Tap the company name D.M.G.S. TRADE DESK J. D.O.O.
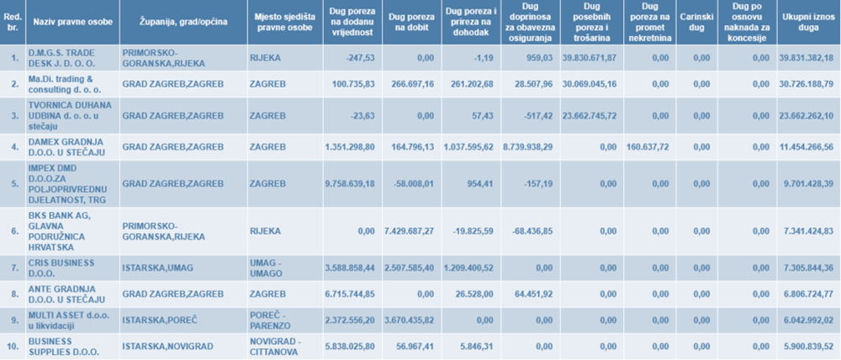(67, 57)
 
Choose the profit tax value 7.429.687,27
(409, 230)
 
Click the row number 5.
(13, 183)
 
